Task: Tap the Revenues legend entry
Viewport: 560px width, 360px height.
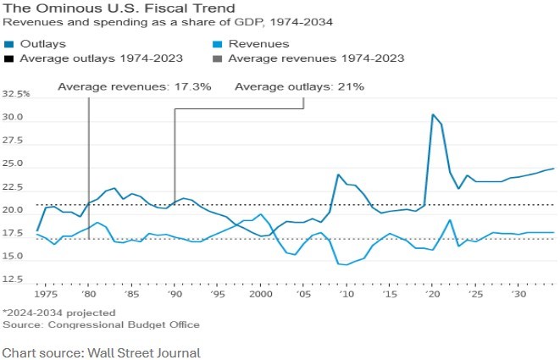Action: [254, 43]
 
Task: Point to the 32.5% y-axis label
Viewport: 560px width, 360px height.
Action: [16, 94]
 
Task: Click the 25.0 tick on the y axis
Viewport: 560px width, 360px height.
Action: [18, 163]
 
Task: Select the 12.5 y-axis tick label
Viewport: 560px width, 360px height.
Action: [18, 279]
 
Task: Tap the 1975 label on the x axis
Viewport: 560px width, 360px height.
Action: [45, 294]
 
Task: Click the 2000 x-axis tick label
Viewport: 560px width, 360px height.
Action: [262, 294]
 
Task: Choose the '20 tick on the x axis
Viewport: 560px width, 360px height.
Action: [433, 294]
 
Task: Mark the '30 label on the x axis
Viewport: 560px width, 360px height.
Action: [519, 294]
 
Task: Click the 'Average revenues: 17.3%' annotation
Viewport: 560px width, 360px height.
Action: [133, 86]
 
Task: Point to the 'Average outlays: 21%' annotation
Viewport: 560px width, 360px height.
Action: [299, 86]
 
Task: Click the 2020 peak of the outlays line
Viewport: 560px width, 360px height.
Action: [433, 114]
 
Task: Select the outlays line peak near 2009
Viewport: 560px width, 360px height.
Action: [338, 174]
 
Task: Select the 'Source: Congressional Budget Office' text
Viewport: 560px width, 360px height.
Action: [101, 324]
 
